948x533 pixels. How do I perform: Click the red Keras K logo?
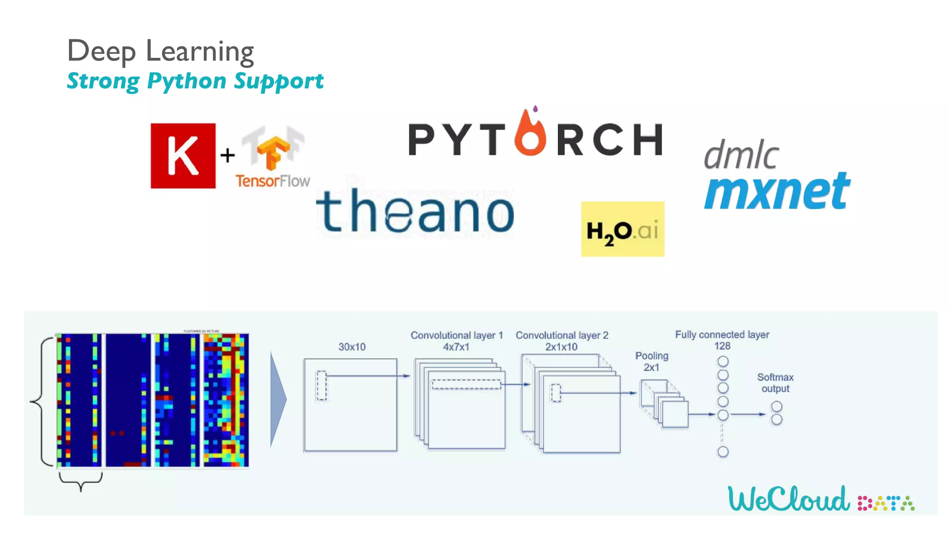pos(183,155)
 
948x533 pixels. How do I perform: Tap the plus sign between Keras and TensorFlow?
pos(227,155)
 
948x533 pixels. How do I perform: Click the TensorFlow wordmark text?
pos(272,181)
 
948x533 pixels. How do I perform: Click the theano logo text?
pos(415,212)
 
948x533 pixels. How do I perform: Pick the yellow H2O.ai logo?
pos(623,229)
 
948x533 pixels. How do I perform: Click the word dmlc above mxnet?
pos(741,155)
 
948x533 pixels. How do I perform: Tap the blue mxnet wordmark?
pos(777,191)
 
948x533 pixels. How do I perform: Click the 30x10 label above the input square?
pos(352,347)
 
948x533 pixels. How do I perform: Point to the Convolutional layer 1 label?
pos(456,335)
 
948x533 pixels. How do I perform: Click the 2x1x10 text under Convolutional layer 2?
pos(561,347)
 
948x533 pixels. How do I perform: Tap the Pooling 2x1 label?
pos(652,361)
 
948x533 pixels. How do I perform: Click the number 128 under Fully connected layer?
pos(722,346)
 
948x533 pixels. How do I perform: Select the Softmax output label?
pos(775,383)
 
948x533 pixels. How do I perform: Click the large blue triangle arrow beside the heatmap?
pos(278,399)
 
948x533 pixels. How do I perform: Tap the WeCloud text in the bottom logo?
pos(788,499)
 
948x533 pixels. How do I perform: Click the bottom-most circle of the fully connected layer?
pos(723,452)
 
